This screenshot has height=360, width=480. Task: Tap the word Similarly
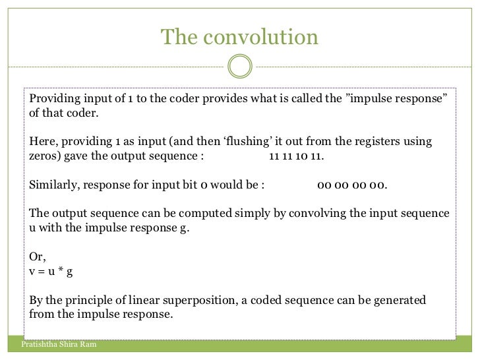55,185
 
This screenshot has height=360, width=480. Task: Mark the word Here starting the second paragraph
42,142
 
